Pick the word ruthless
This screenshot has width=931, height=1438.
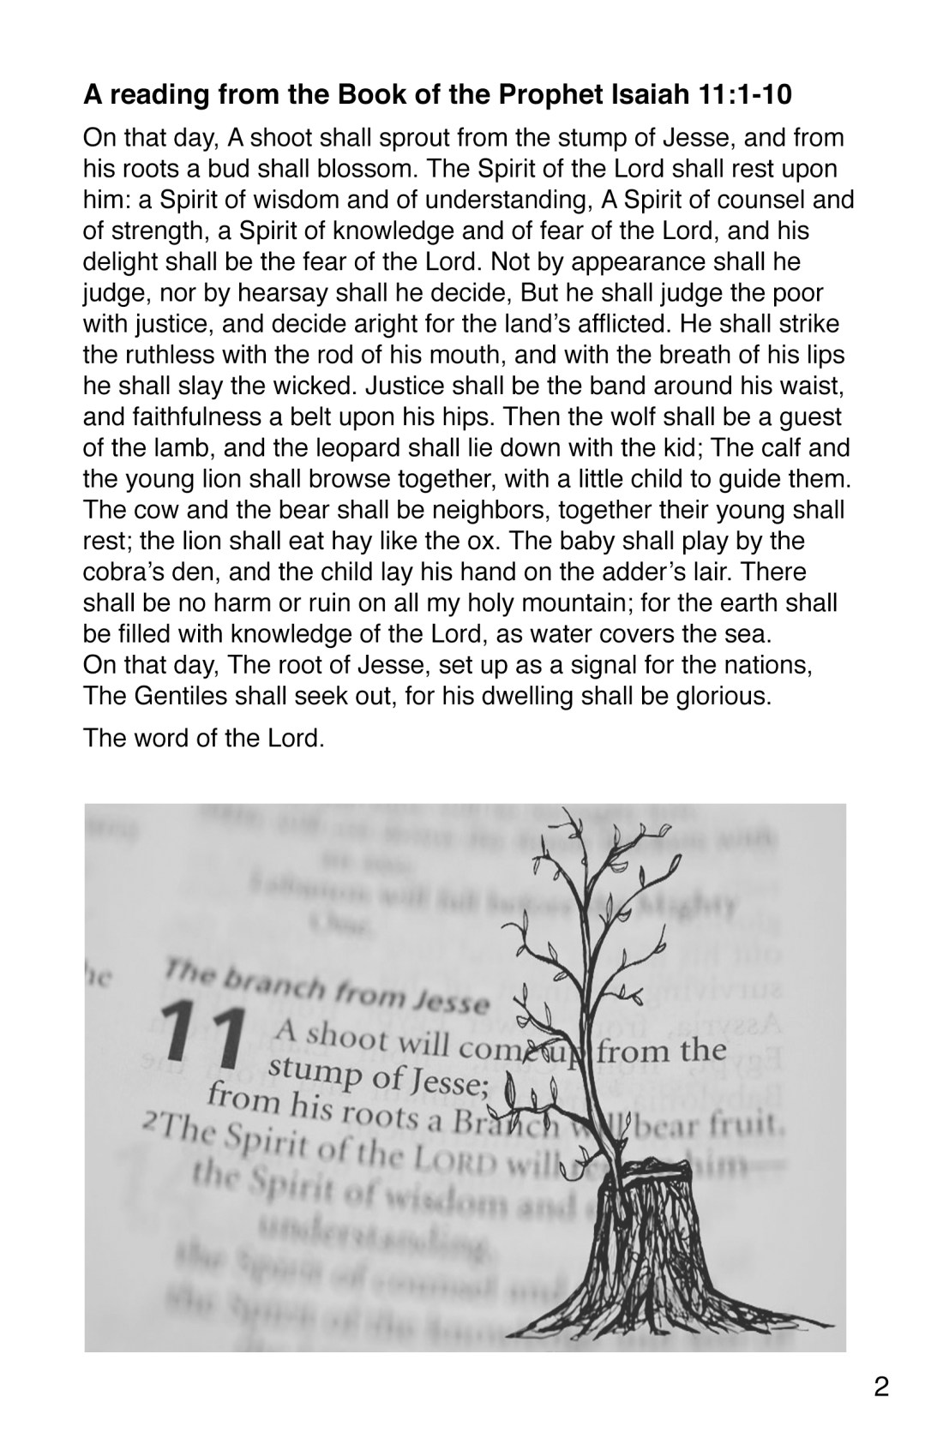pos(169,356)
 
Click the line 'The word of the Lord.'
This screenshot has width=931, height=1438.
pos(204,738)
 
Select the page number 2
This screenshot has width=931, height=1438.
pos(880,1387)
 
